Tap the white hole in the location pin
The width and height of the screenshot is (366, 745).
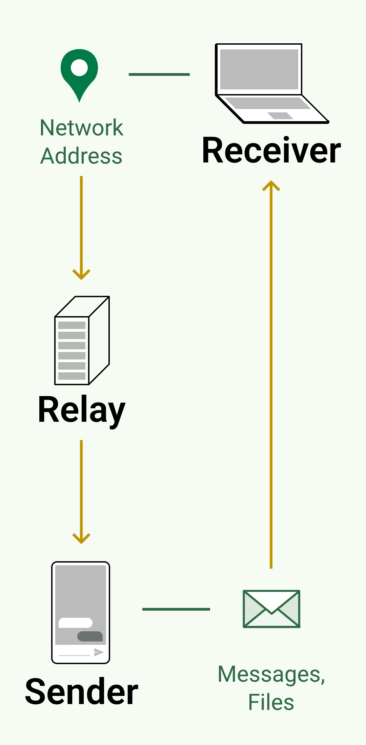(79, 67)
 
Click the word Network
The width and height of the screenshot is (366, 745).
(81, 128)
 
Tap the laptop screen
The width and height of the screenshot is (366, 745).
(259, 69)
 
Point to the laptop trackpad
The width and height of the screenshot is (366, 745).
(280, 115)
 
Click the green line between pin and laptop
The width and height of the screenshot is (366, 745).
(159, 74)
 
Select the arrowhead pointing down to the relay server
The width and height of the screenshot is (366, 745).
(81, 275)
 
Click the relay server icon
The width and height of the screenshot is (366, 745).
(82, 341)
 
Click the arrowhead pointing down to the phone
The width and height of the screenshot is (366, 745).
(81, 539)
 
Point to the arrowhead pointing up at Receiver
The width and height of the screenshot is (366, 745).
(271, 185)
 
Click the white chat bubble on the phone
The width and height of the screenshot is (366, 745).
(76, 623)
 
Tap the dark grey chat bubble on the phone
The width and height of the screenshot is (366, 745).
(90, 636)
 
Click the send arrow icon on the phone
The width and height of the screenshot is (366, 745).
(99, 652)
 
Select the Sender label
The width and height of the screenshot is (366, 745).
(82, 692)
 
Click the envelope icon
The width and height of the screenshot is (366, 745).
(271, 609)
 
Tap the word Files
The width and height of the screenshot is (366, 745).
(271, 702)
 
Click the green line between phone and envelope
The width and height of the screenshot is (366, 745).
(176, 609)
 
